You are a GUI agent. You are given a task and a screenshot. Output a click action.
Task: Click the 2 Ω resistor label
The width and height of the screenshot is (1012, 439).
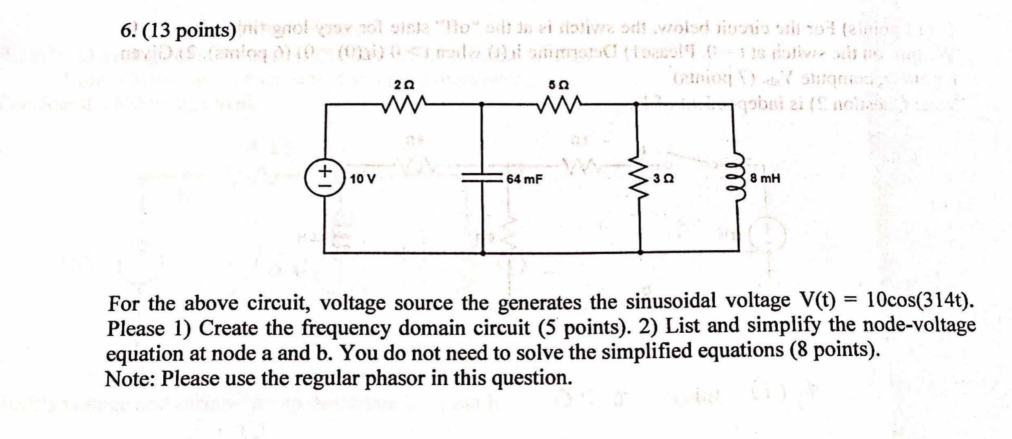click(404, 85)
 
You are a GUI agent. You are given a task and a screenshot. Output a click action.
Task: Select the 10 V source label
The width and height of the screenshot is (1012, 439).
click(363, 179)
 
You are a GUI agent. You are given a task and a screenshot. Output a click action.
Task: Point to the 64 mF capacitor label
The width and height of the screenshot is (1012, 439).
click(524, 179)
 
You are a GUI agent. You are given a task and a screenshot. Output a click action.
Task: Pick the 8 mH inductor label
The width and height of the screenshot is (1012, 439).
click(765, 179)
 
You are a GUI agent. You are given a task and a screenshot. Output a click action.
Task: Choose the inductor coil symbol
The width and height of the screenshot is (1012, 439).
click(739, 179)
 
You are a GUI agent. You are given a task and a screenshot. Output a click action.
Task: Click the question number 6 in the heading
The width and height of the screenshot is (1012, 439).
click(126, 31)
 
